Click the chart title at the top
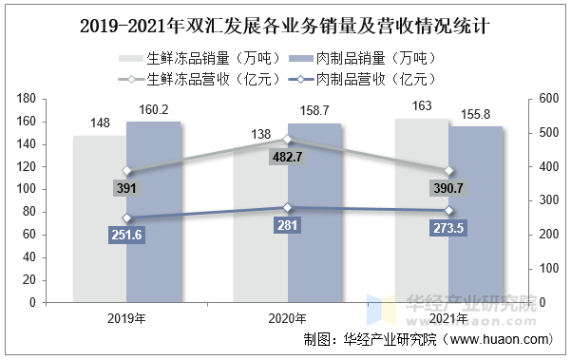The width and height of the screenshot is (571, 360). pyautogui.click(x=285, y=20)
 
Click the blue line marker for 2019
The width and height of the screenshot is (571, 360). pyautogui.click(x=126, y=218)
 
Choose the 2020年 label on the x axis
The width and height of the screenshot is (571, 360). pyautogui.click(x=287, y=317)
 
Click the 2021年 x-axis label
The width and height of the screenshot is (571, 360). pyautogui.click(x=449, y=317)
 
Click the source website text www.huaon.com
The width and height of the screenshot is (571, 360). pyautogui.click(x=498, y=339)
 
